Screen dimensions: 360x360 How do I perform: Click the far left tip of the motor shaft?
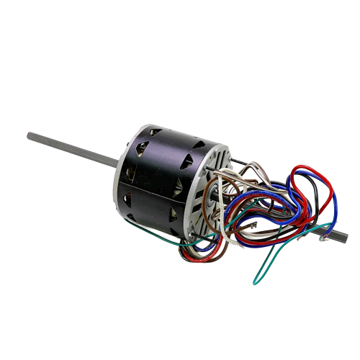point(28,135)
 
